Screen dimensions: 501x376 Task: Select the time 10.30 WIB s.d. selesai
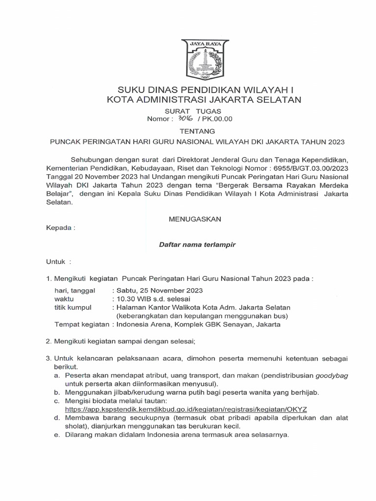point(152,298)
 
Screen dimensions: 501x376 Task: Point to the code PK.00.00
point(217,119)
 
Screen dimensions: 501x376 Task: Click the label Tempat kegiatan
point(81,325)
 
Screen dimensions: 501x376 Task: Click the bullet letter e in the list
point(56,434)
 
